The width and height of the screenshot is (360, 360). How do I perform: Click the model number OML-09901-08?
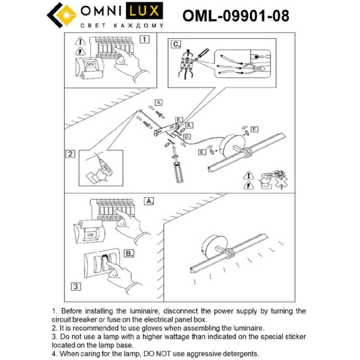(x=235, y=16)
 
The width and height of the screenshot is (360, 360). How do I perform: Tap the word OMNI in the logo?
(x=102, y=11)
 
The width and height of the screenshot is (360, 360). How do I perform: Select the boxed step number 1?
(x=145, y=39)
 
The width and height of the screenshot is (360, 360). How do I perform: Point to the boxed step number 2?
(x=70, y=154)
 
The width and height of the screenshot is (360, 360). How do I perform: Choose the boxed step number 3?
(x=76, y=286)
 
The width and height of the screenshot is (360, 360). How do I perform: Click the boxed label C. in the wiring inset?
(x=176, y=44)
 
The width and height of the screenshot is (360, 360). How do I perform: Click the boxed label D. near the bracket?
(x=187, y=136)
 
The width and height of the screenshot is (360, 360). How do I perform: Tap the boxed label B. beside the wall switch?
(x=128, y=253)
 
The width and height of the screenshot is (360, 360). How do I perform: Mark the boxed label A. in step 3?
(x=148, y=201)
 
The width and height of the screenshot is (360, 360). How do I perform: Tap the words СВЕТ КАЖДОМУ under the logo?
(x=122, y=26)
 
